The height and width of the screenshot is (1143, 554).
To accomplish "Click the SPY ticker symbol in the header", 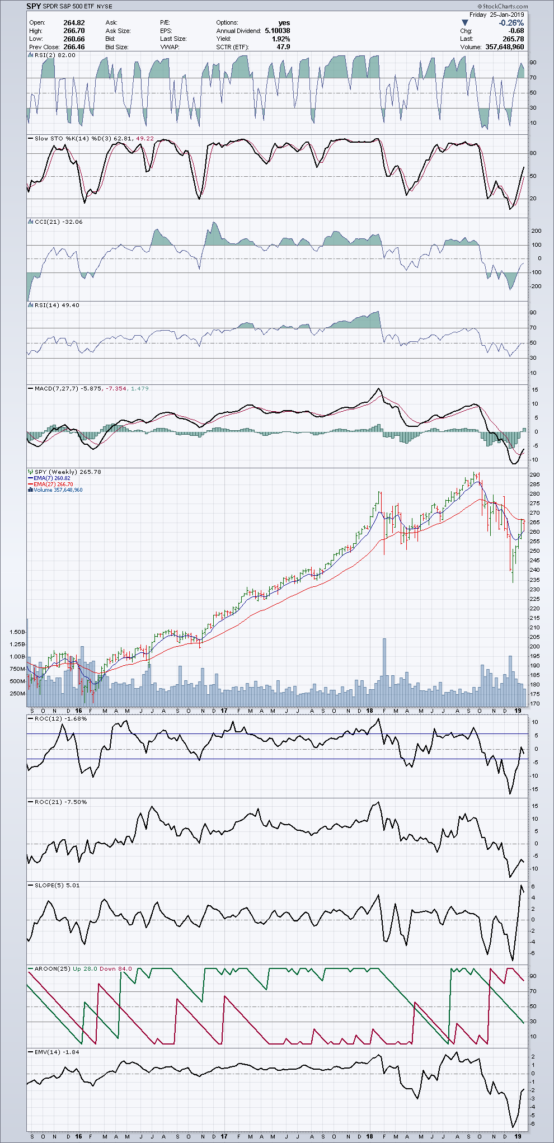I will pyautogui.click(x=34, y=6).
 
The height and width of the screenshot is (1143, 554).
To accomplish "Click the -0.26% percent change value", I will pyautogui.click(x=511, y=23).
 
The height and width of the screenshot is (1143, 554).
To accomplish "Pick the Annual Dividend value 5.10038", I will pyautogui.click(x=277, y=31).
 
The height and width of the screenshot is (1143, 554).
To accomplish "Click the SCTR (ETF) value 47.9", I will pyautogui.click(x=283, y=47).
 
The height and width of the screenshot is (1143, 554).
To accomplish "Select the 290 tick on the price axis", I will pyautogui.click(x=534, y=475).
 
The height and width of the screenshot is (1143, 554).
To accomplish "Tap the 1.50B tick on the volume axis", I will pyautogui.click(x=17, y=632).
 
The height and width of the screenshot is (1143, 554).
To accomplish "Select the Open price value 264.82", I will pyautogui.click(x=74, y=23).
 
